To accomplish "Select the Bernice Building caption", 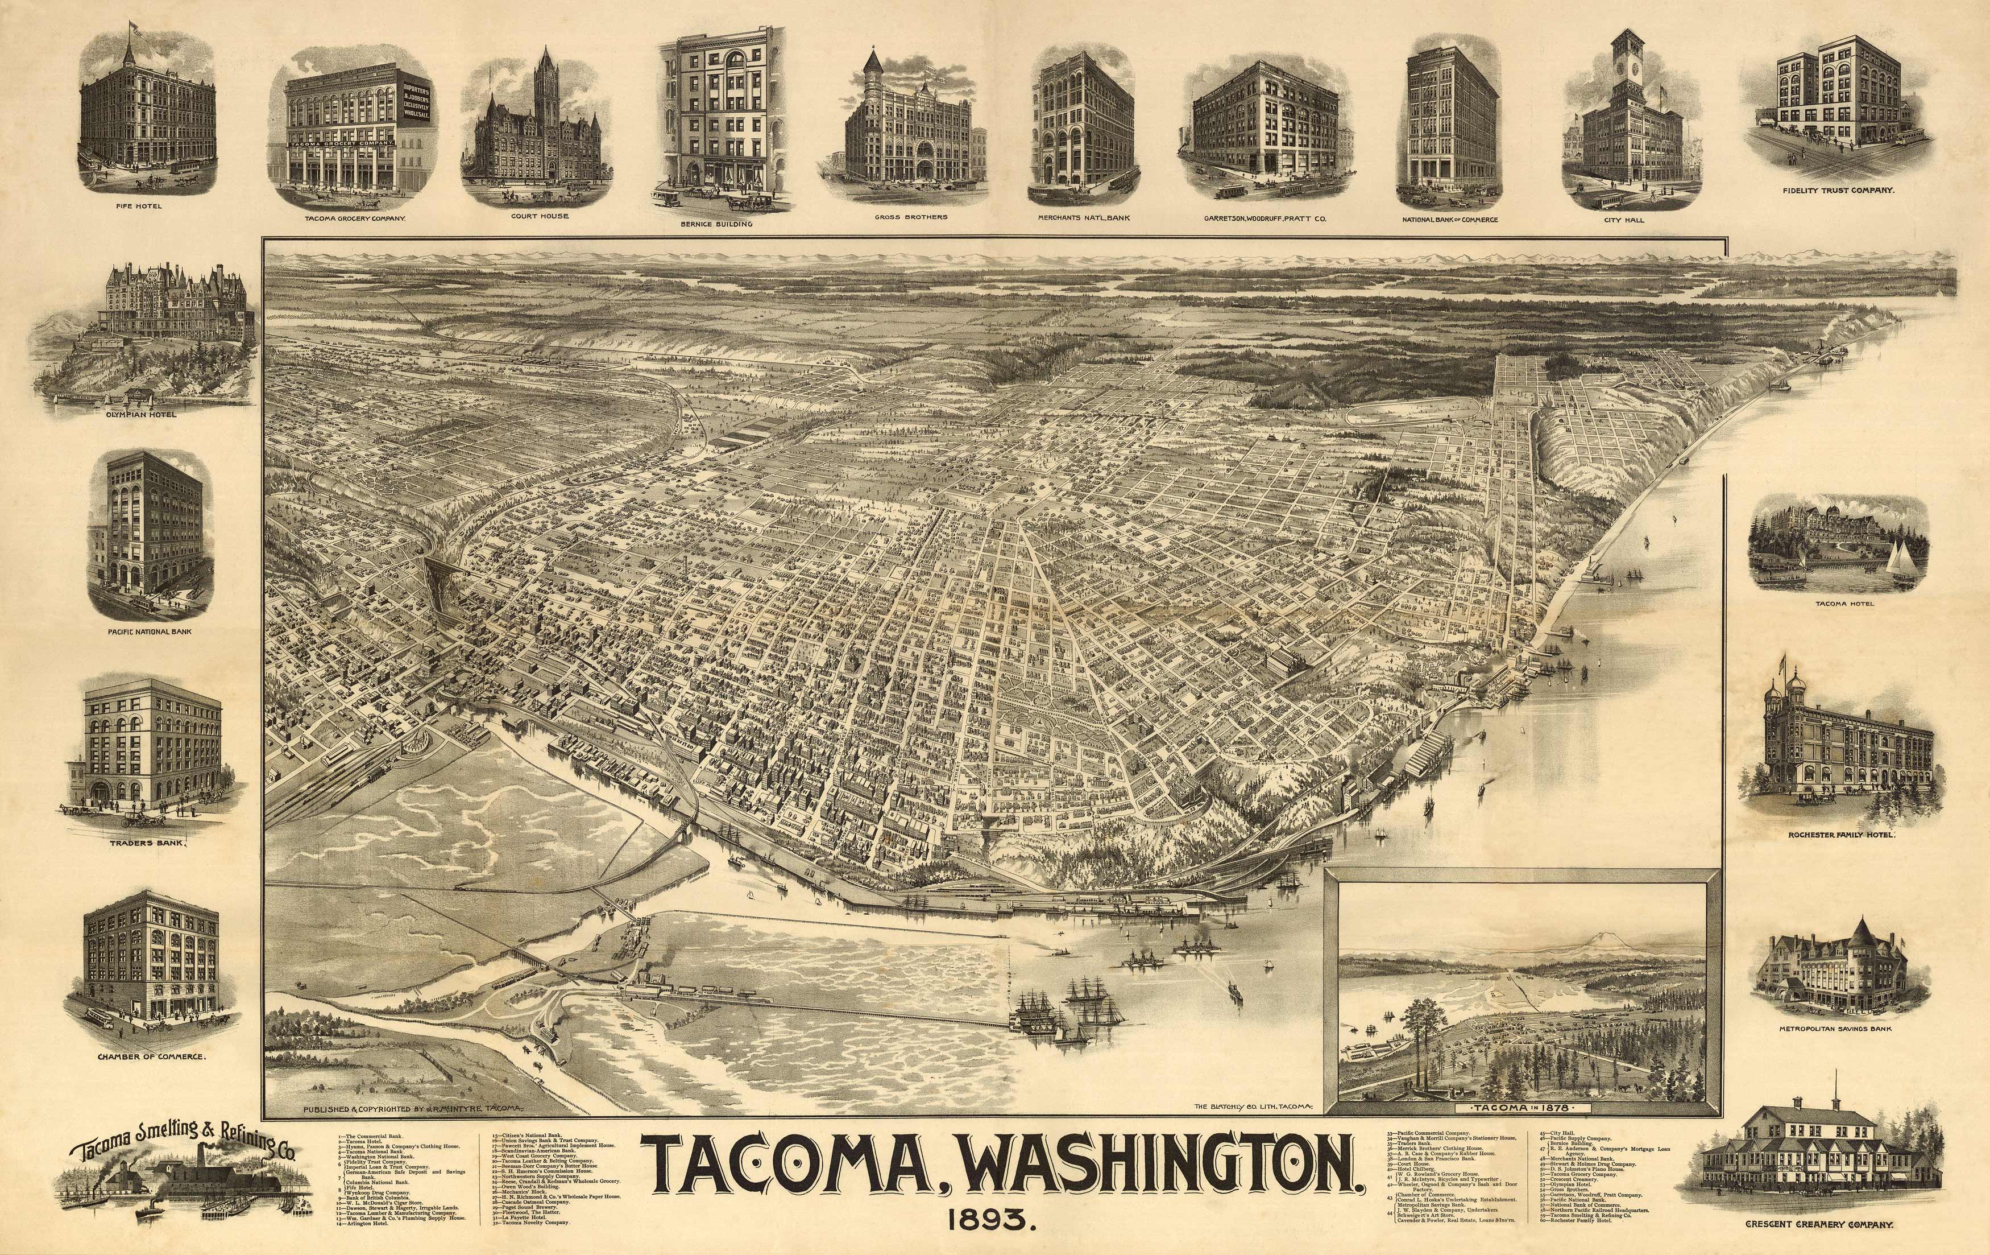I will tap(716, 223).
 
